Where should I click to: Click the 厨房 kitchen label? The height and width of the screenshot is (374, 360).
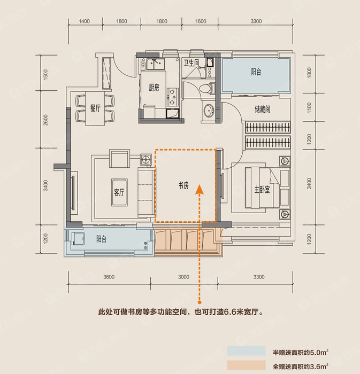click(x=154, y=88)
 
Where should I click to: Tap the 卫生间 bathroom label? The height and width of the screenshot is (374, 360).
click(x=191, y=63)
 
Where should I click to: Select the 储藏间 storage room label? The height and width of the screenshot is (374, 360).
click(x=262, y=109)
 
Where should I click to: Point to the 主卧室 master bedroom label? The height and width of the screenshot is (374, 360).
click(x=262, y=190)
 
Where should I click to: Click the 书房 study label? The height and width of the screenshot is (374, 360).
click(x=183, y=185)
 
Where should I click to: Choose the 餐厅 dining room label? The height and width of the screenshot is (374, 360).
click(x=95, y=108)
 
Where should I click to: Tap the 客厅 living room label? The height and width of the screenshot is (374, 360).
click(x=119, y=192)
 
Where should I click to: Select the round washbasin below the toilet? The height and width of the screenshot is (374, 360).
click(x=209, y=111)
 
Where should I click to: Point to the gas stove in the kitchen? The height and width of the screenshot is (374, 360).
click(x=173, y=97)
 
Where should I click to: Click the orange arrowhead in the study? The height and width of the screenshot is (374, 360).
click(x=200, y=189)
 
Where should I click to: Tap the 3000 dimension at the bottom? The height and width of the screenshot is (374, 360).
click(x=183, y=277)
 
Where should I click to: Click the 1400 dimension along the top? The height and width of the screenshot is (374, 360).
click(x=85, y=21)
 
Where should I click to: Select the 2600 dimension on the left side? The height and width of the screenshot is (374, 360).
click(x=45, y=120)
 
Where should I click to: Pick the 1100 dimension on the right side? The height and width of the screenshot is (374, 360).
click(x=309, y=108)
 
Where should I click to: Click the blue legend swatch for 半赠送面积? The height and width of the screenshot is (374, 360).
click(x=247, y=351)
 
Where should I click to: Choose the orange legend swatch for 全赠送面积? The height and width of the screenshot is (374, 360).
click(x=247, y=365)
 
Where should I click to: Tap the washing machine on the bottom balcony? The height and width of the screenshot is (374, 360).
click(x=78, y=239)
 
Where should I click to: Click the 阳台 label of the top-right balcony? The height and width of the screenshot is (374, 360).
click(x=256, y=72)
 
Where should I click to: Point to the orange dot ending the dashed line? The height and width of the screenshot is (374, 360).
click(x=200, y=302)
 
